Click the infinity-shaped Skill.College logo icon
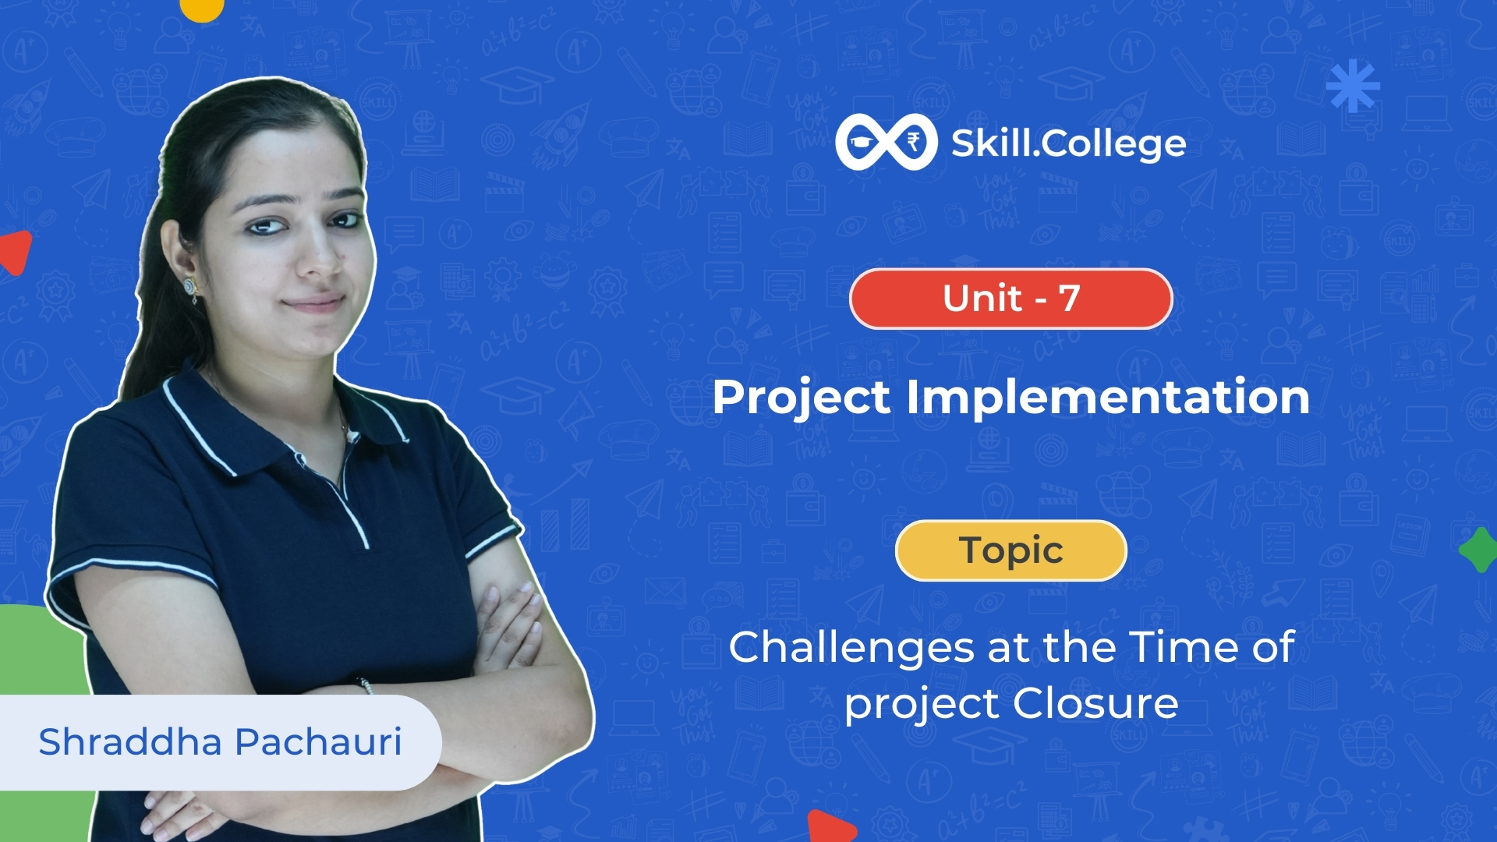click(886, 142)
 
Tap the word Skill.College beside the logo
click(1068, 143)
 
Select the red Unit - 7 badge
click(1010, 299)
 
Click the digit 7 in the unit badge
click(1069, 298)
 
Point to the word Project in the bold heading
click(801, 398)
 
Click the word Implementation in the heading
click(1108, 398)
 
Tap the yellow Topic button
click(1010, 550)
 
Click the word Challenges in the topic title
click(851, 649)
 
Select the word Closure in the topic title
click(1095, 703)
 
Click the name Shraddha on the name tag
click(130, 741)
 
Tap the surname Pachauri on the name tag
click(318, 741)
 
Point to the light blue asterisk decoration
click(1353, 86)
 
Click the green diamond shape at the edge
click(1479, 550)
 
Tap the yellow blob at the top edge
click(202, 8)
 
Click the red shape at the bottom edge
click(830, 827)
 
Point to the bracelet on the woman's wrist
click(365, 685)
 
